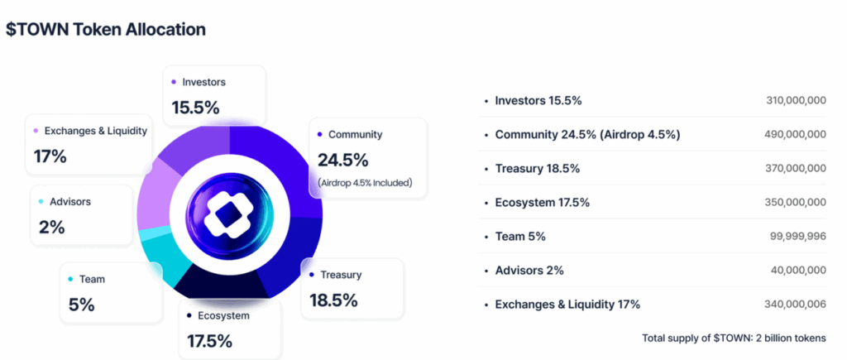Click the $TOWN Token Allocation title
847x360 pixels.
[106, 30]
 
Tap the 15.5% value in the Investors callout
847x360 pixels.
[196, 108]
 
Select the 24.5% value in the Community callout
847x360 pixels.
[342, 160]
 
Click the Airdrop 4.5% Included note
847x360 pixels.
[365, 182]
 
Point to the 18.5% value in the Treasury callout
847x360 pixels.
[334, 300]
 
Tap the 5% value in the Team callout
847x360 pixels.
[81, 305]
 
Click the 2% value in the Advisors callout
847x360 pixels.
[51, 227]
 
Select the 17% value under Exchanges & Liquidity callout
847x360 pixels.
[50, 156]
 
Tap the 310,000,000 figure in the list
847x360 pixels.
[796, 100]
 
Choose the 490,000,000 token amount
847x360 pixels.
[796, 134]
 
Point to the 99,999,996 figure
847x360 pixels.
[797, 237]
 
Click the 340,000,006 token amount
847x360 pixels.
[796, 305]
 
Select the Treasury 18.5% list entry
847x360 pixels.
[537, 168]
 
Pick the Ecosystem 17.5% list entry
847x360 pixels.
[543, 203]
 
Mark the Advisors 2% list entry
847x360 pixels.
[532, 271]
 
